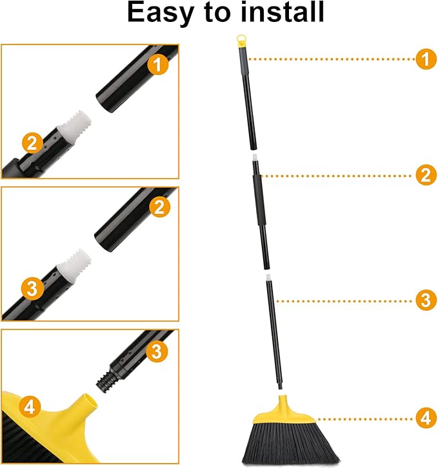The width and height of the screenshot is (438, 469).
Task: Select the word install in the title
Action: pyautogui.click(x=279, y=12)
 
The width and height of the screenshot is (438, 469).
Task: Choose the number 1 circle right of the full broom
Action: pyautogui.click(x=424, y=59)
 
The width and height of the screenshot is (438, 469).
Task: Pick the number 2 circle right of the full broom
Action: pyautogui.click(x=424, y=175)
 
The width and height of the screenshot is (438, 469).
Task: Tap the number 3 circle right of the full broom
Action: pyautogui.click(x=424, y=300)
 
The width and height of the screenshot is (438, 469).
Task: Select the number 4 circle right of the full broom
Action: pyautogui.click(x=424, y=418)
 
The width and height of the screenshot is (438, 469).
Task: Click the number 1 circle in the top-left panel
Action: pyautogui.click(x=158, y=63)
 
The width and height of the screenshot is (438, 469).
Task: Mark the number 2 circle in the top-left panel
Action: pyautogui.click(x=32, y=142)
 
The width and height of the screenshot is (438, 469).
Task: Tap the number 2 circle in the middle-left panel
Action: pyautogui.click(x=158, y=207)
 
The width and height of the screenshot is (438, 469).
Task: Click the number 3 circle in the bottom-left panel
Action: pyautogui.click(x=158, y=351)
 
